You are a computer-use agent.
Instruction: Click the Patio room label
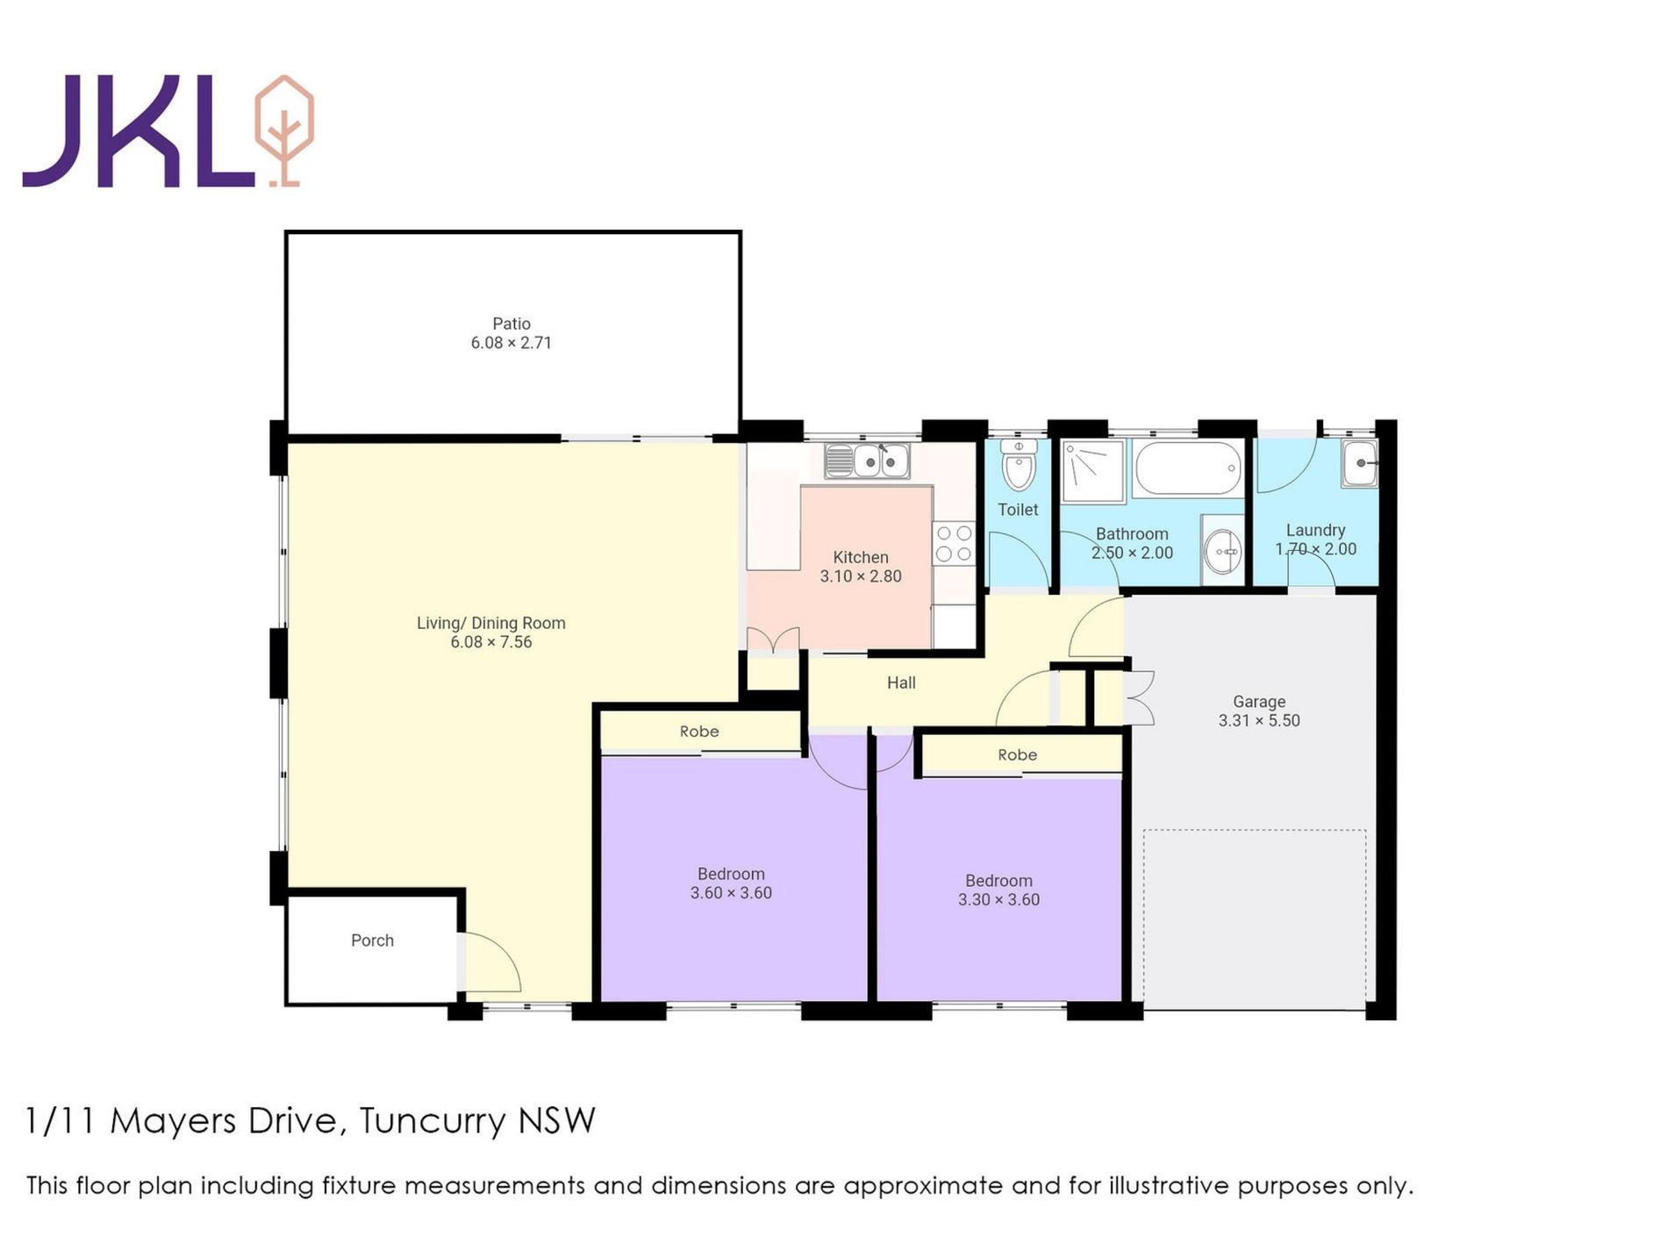[512, 324]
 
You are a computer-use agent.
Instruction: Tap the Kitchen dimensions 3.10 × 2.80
[861, 576]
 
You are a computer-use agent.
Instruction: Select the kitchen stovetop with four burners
[954, 543]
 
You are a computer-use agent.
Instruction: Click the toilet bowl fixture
[1019, 466]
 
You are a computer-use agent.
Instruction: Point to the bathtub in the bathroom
[1188, 468]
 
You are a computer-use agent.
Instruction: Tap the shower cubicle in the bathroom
[1092, 473]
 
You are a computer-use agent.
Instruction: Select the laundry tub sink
[1359, 463]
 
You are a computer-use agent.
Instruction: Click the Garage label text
[1259, 702]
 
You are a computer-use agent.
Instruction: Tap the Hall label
[901, 682]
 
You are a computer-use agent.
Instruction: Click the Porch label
[372, 940]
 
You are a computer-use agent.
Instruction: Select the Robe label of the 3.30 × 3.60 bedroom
[1017, 754]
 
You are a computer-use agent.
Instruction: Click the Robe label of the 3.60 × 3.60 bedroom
[699, 732]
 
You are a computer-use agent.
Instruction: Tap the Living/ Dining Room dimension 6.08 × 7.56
[491, 642]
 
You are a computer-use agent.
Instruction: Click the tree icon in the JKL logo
[283, 132]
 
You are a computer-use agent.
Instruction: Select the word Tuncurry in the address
[433, 1121]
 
